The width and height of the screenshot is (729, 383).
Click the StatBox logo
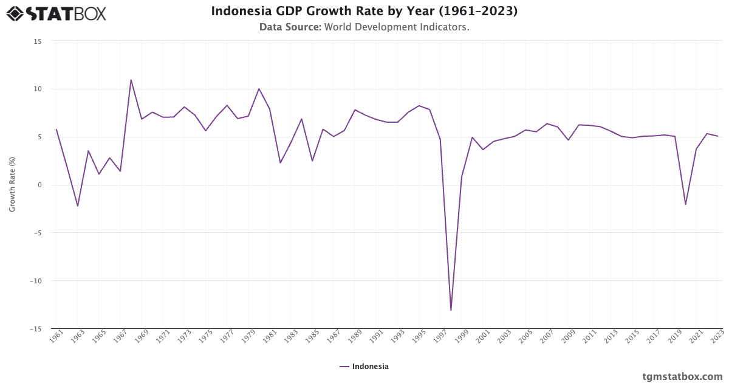point(56,13)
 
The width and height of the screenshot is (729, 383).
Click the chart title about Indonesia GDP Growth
point(364,12)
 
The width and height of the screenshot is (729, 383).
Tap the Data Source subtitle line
point(364,27)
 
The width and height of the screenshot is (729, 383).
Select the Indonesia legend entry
point(364,367)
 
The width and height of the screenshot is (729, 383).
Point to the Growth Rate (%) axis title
point(12,185)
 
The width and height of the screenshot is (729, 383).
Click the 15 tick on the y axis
point(38,41)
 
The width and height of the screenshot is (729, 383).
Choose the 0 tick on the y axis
point(39,185)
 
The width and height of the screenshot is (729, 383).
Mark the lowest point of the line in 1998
point(451,311)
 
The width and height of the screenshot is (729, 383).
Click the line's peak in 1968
point(131,80)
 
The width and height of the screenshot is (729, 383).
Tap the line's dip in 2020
point(685,204)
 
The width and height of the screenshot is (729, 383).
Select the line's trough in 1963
point(78,206)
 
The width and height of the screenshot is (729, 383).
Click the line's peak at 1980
point(259,89)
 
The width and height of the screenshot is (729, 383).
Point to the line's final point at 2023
point(717,136)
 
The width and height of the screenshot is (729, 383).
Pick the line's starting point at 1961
point(56,129)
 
